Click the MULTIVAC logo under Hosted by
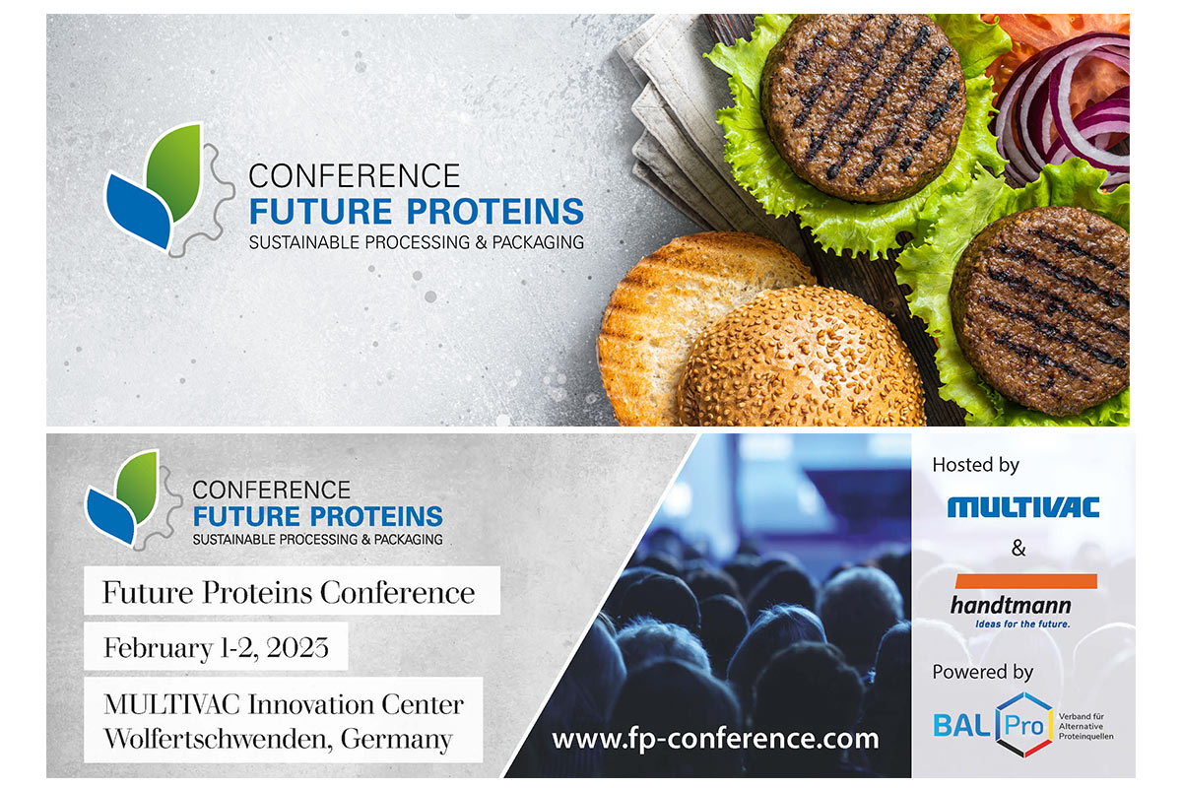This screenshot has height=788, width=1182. pyautogui.click(x=1023, y=506)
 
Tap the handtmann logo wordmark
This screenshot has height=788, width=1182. pyautogui.click(x=1011, y=605)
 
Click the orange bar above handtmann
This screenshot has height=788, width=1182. pyautogui.click(x=1026, y=580)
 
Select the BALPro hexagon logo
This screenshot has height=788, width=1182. pyautogui.click(x=1023, y=725)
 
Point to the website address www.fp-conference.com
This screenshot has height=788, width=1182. pyautogui.click(x=715, y=739)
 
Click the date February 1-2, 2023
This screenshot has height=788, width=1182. pyautogui.click(x=216, y=647)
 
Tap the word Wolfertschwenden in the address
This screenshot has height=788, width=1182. pyautogui.click(x=218, y=739)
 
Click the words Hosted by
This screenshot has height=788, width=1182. pyautogui.click(x=976, y=465)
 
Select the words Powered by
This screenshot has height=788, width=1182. pyautogui.click(x=983, y=672)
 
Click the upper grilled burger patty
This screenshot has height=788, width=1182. pyautogui.click(x=863, y=107)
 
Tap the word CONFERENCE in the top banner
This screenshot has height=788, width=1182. pyautogui.click(x=354, y=175)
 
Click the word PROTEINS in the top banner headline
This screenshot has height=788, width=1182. pyautogui.click(x=494, y=212)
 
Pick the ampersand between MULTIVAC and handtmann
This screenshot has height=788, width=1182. pyautogui.click(x=1018, y=548)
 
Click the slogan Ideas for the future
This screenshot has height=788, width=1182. pyautogui.click(x=1022, y=624)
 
